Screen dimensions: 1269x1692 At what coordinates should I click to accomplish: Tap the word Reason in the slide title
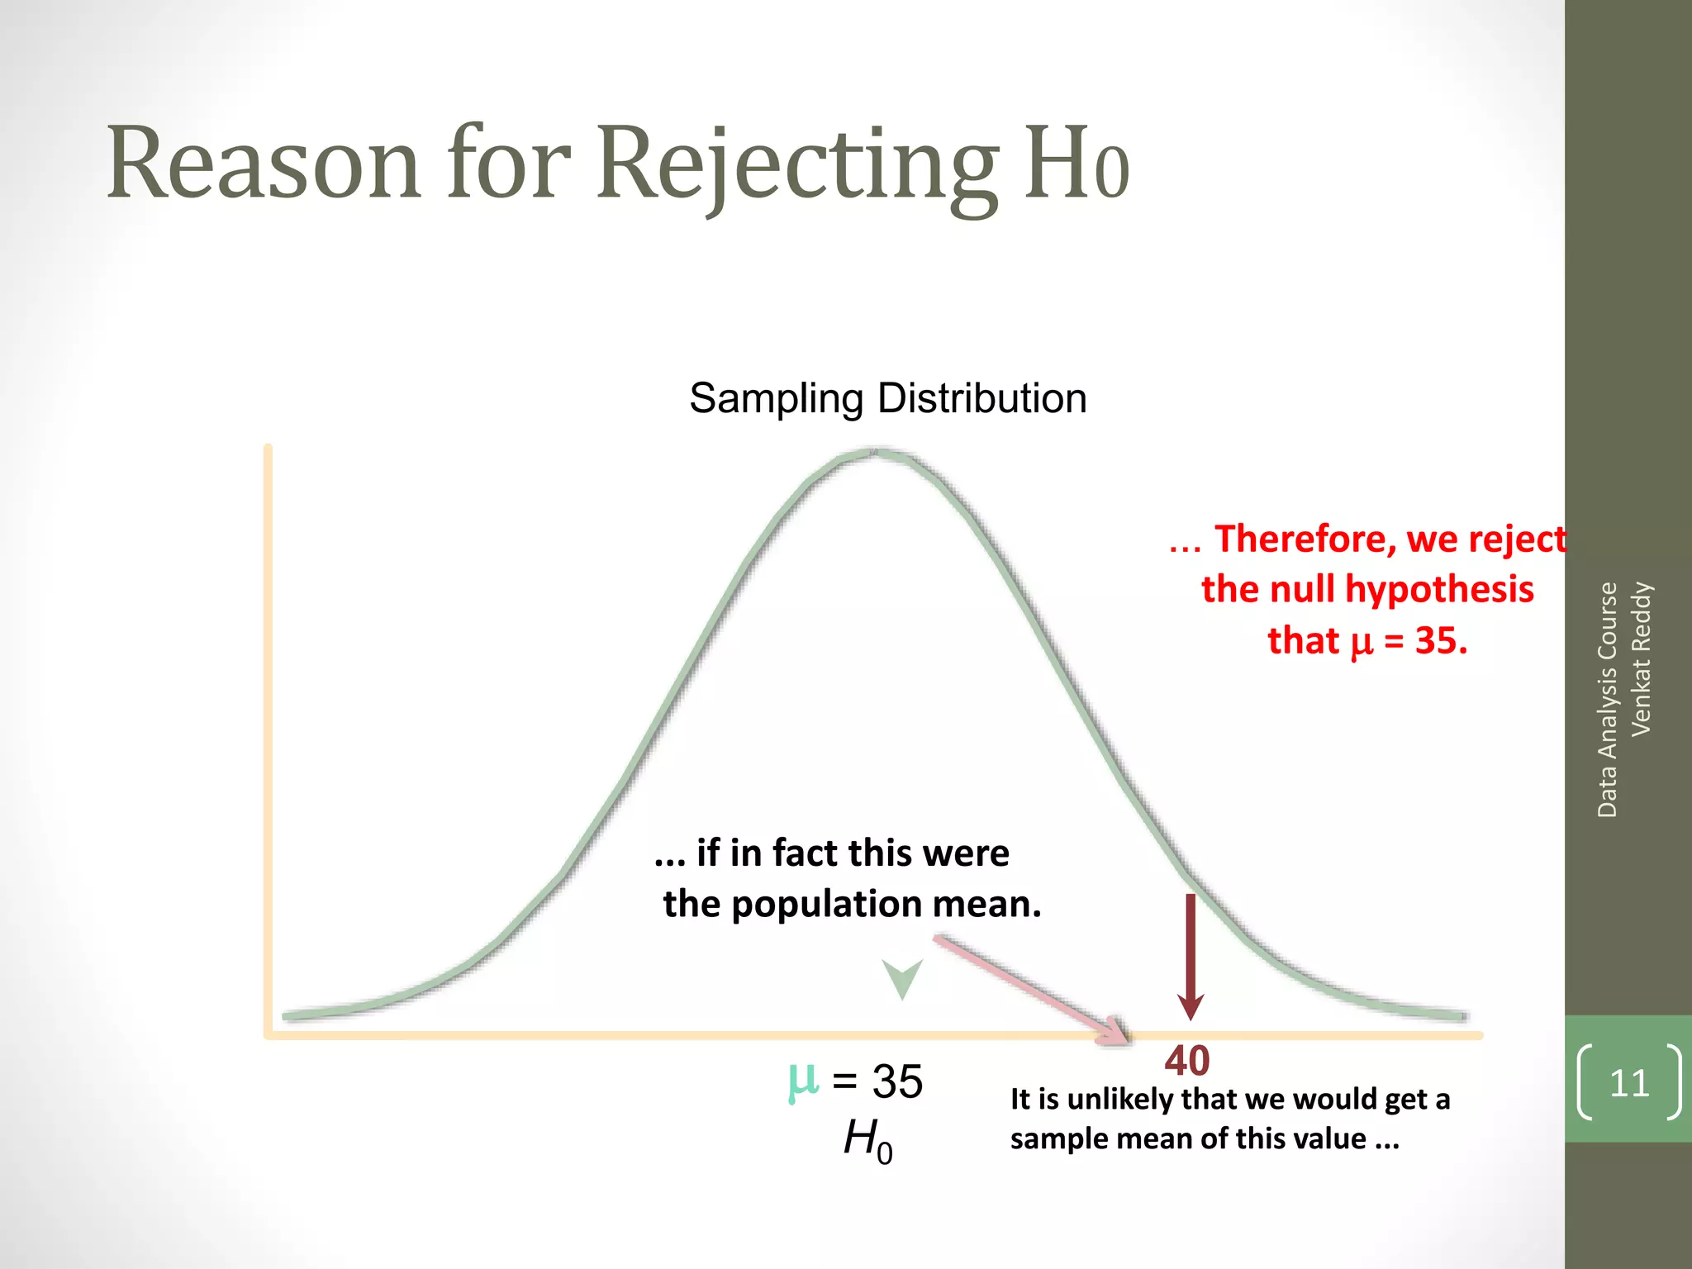point(263,163)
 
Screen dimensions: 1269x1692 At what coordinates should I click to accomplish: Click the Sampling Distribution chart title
point(887,398)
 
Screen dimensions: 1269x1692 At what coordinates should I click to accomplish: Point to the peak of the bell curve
point(874,452)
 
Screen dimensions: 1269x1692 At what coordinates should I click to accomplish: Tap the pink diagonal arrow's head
point(1115,1031)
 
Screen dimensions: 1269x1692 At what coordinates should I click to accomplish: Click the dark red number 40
point(1187,1061)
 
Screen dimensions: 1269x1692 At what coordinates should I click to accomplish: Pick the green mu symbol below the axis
point(803,1081)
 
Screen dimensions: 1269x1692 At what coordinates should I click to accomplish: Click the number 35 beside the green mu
point(897,1081)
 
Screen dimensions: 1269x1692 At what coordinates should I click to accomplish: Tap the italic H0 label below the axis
point(867,1140)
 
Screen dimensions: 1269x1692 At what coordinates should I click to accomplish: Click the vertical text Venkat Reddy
point(1641,658)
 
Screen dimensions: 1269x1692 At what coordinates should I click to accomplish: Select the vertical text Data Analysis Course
point(1607,699)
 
